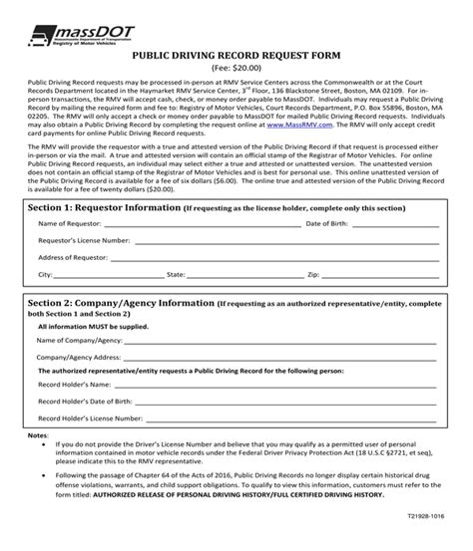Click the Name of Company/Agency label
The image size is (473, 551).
(80, 340)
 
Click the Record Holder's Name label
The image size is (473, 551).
(75, 385)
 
